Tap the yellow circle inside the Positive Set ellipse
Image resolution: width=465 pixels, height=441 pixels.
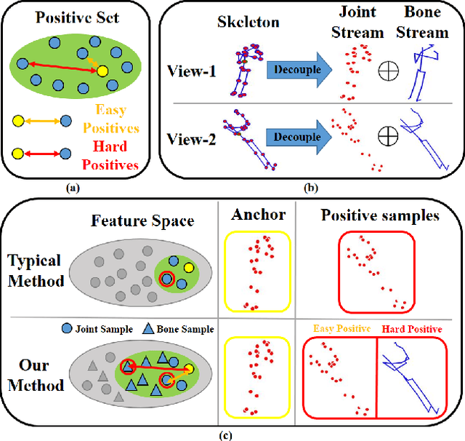pos(102,71)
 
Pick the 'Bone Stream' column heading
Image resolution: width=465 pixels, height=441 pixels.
pos(426,23)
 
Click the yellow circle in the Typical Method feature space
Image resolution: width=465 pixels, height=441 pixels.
pos(189,269)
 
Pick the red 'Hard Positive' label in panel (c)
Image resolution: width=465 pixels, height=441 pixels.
pos(412,329)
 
